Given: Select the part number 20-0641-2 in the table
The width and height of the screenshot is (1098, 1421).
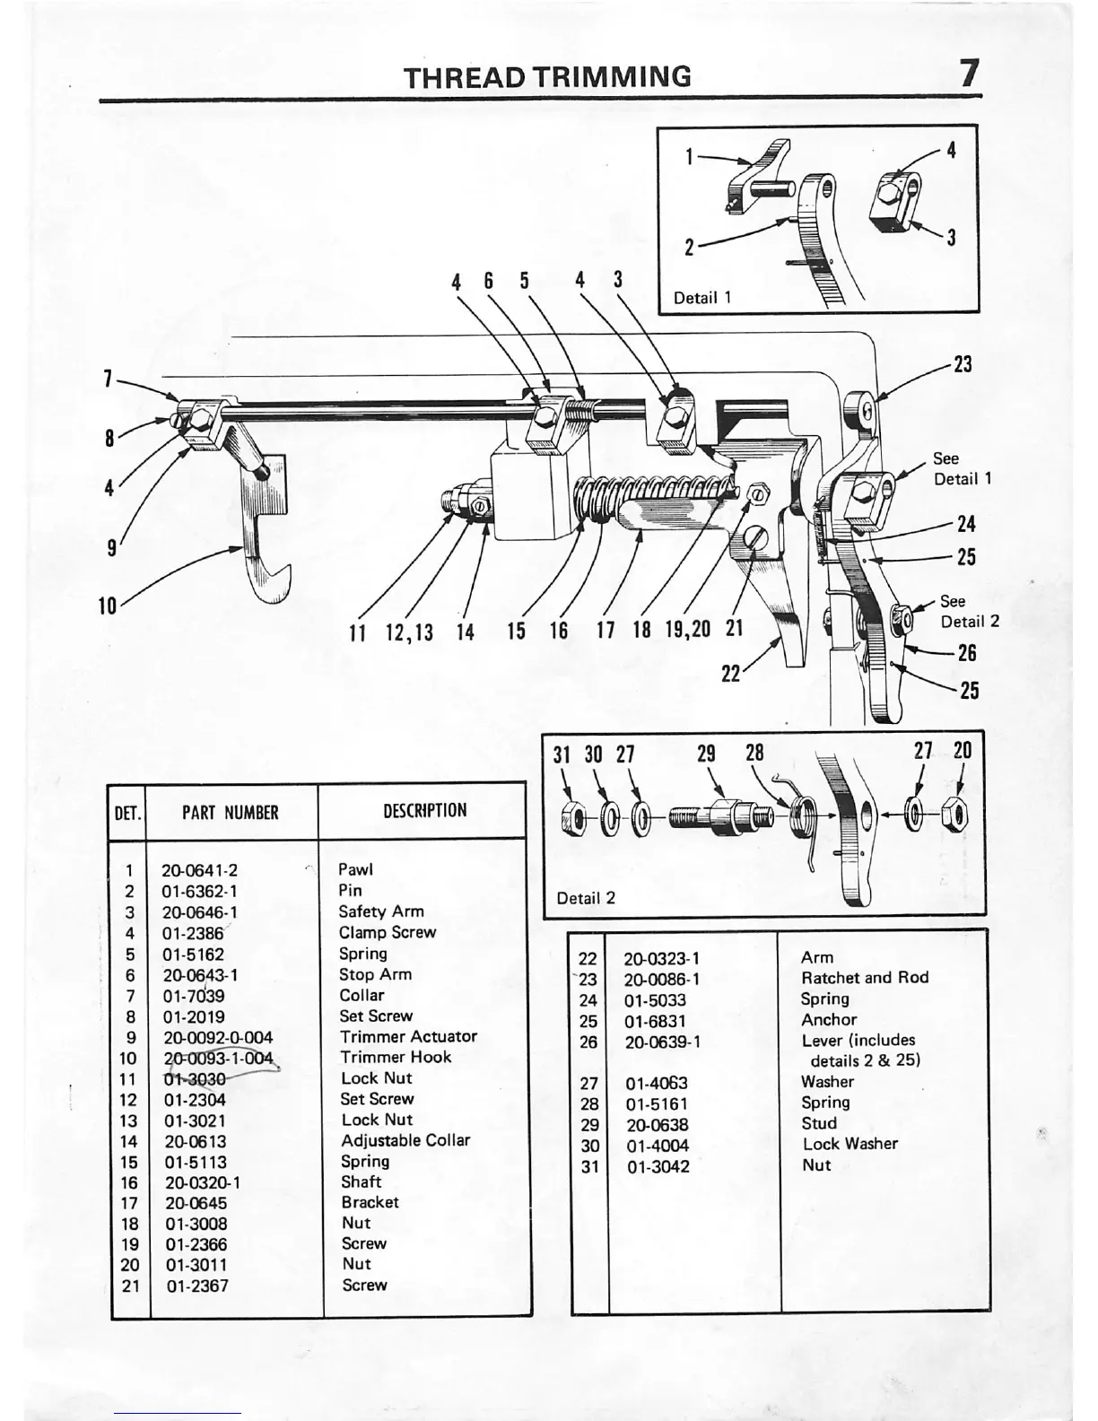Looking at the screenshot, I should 199,870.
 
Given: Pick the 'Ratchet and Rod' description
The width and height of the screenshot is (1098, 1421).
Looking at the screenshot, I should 864,978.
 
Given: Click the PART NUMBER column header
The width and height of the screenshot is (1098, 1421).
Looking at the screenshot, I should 230,813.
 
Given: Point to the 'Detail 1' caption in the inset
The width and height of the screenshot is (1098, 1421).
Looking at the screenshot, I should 702,298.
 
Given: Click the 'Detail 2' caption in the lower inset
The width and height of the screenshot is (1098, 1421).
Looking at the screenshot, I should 586,898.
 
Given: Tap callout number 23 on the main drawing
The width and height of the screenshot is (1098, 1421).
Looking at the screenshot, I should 962,365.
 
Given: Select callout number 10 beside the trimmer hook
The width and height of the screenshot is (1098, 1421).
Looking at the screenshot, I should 108,606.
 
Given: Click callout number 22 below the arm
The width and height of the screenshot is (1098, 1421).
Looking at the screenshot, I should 731,673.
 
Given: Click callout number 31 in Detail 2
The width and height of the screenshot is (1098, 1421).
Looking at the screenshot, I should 562,754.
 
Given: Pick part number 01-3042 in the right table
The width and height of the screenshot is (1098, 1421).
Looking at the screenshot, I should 658,1166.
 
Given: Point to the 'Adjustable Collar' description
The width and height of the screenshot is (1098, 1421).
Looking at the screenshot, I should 405,1140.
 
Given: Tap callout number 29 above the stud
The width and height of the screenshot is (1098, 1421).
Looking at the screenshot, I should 706,754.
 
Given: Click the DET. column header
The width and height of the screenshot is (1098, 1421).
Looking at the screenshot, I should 127,813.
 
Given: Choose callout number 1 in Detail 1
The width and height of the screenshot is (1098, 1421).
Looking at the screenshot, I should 689,157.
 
